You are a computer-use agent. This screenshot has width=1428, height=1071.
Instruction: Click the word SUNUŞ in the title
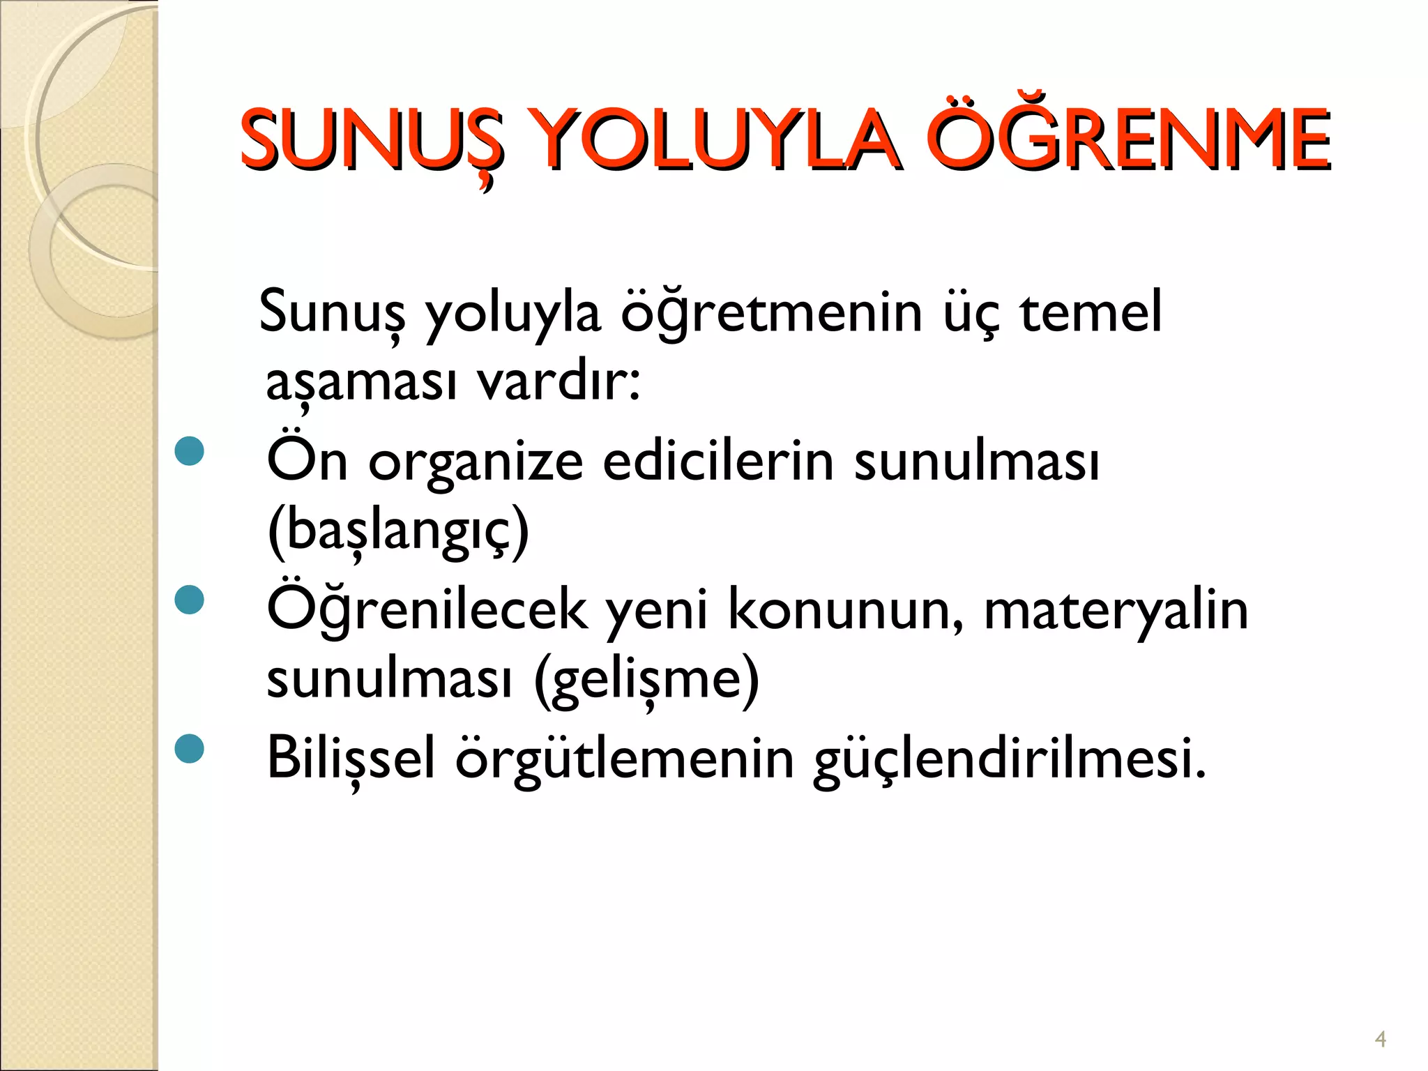pyautogui.click(x=370, y=141)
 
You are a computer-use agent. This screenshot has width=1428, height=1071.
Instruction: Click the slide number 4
pyautogui.click(x=1380, y=1040)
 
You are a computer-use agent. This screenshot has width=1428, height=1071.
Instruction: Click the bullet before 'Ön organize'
pyautogui.click(x=190, y=451)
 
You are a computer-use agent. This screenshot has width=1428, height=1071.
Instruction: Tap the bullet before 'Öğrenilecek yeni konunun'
pyautogui.click(x=190, y=600)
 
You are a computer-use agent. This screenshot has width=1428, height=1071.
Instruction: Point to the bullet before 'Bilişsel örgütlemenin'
pyautogui.click(x=190, y=748)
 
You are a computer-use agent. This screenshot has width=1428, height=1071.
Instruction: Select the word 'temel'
pyautogui.click(x=1091, y=312)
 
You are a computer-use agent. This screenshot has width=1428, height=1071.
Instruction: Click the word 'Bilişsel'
pyautogui.click(x=351, y=759)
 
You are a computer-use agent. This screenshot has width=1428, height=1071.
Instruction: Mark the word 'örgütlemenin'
pyautogui.click(x=625, y=759)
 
